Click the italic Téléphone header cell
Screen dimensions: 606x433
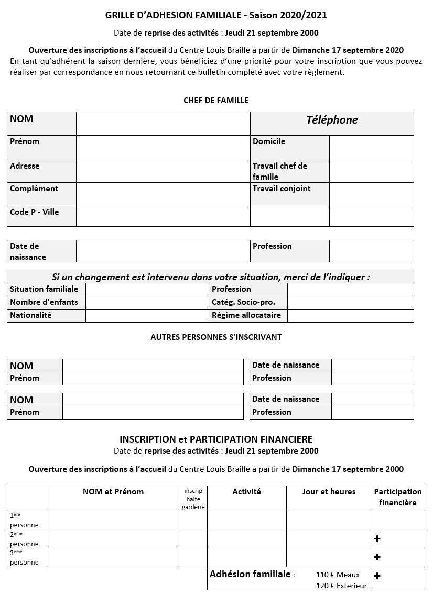[332, 120]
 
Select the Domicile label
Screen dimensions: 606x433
[269, 141]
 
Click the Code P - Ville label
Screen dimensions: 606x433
[35, 212]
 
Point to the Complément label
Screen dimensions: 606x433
[34, 189]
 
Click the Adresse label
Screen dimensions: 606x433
[25, 166]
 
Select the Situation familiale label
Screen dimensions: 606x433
[44, 289]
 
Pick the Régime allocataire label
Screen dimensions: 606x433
[246, 315]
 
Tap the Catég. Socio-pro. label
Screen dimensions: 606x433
[243, 302]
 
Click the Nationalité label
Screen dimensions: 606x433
[31, 315]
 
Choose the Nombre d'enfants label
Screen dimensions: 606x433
[44, 302]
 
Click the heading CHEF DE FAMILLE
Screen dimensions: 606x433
[216, 101]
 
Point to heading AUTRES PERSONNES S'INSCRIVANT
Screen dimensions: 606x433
[216, 337]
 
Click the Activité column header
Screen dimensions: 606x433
[246, 492]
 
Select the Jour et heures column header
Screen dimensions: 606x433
[329, 492]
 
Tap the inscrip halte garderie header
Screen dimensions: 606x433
[193, 499]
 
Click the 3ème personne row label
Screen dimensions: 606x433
[24, 557]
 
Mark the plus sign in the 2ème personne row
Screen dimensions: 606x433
[377, 539]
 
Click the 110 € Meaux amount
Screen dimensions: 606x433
[338, 575]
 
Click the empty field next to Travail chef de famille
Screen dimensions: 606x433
[371, 171]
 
